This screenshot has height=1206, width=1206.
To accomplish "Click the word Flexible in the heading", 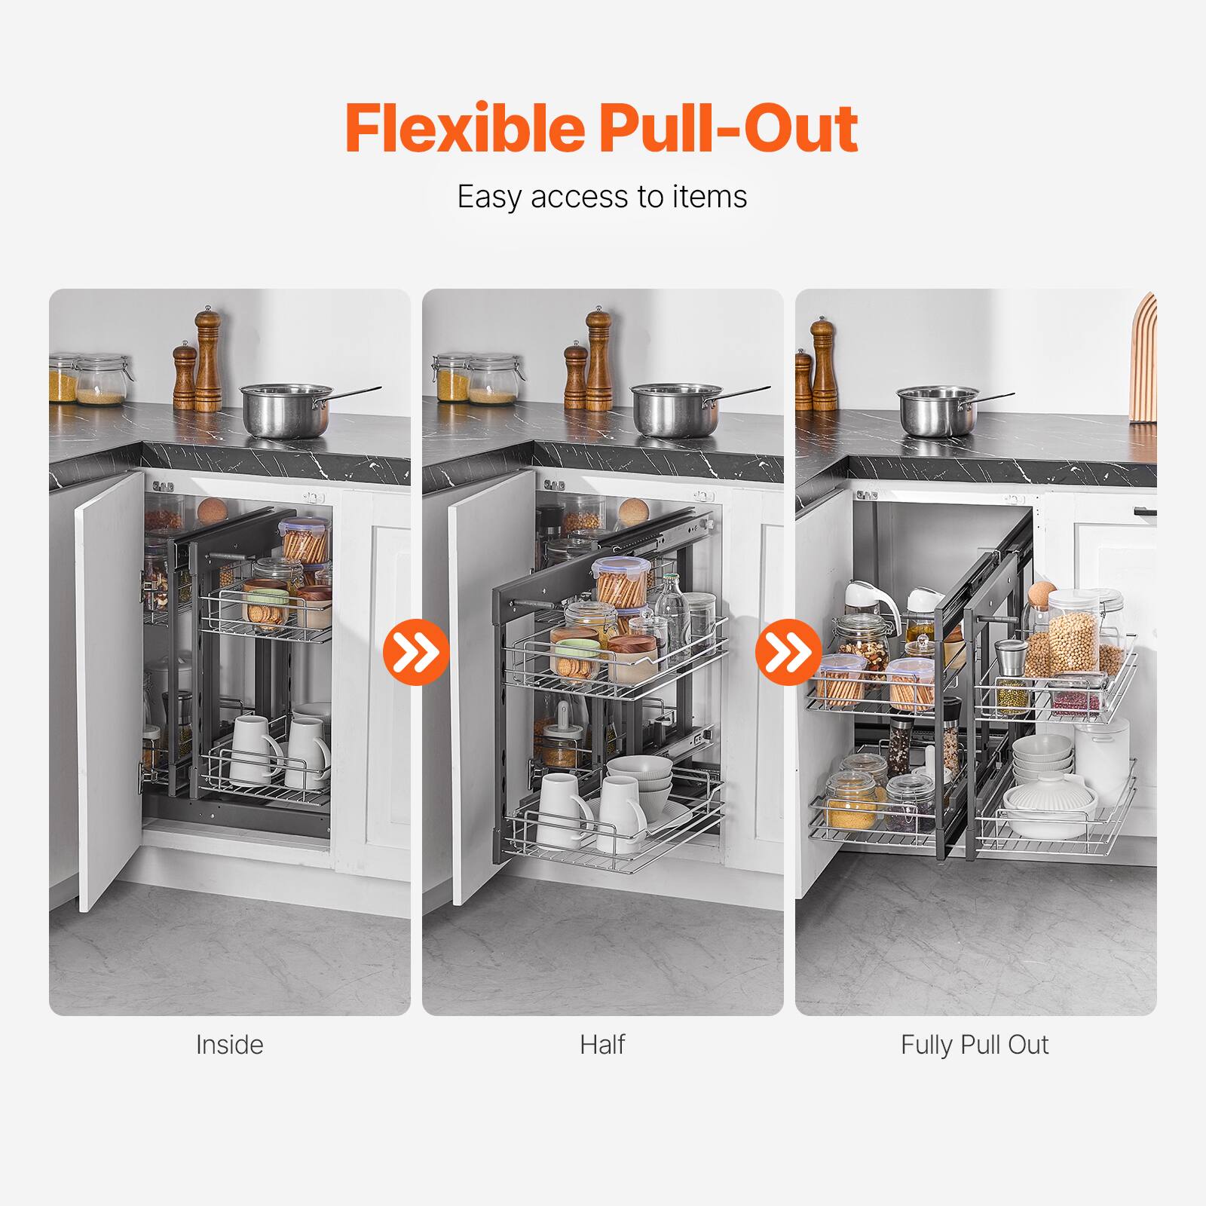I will [464, 128].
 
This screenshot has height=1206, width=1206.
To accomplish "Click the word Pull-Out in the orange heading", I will [728, 128].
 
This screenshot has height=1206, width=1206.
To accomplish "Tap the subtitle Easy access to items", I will [602, 197].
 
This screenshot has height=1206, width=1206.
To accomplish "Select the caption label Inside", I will [229, 1045].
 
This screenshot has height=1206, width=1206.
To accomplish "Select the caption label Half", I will [602, 1045].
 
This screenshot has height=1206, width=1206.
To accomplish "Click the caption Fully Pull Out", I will [975, 1045].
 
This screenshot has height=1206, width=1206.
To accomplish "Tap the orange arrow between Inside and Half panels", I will [416, 650].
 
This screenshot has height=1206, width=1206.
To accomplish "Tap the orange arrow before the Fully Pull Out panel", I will [788, 650].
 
